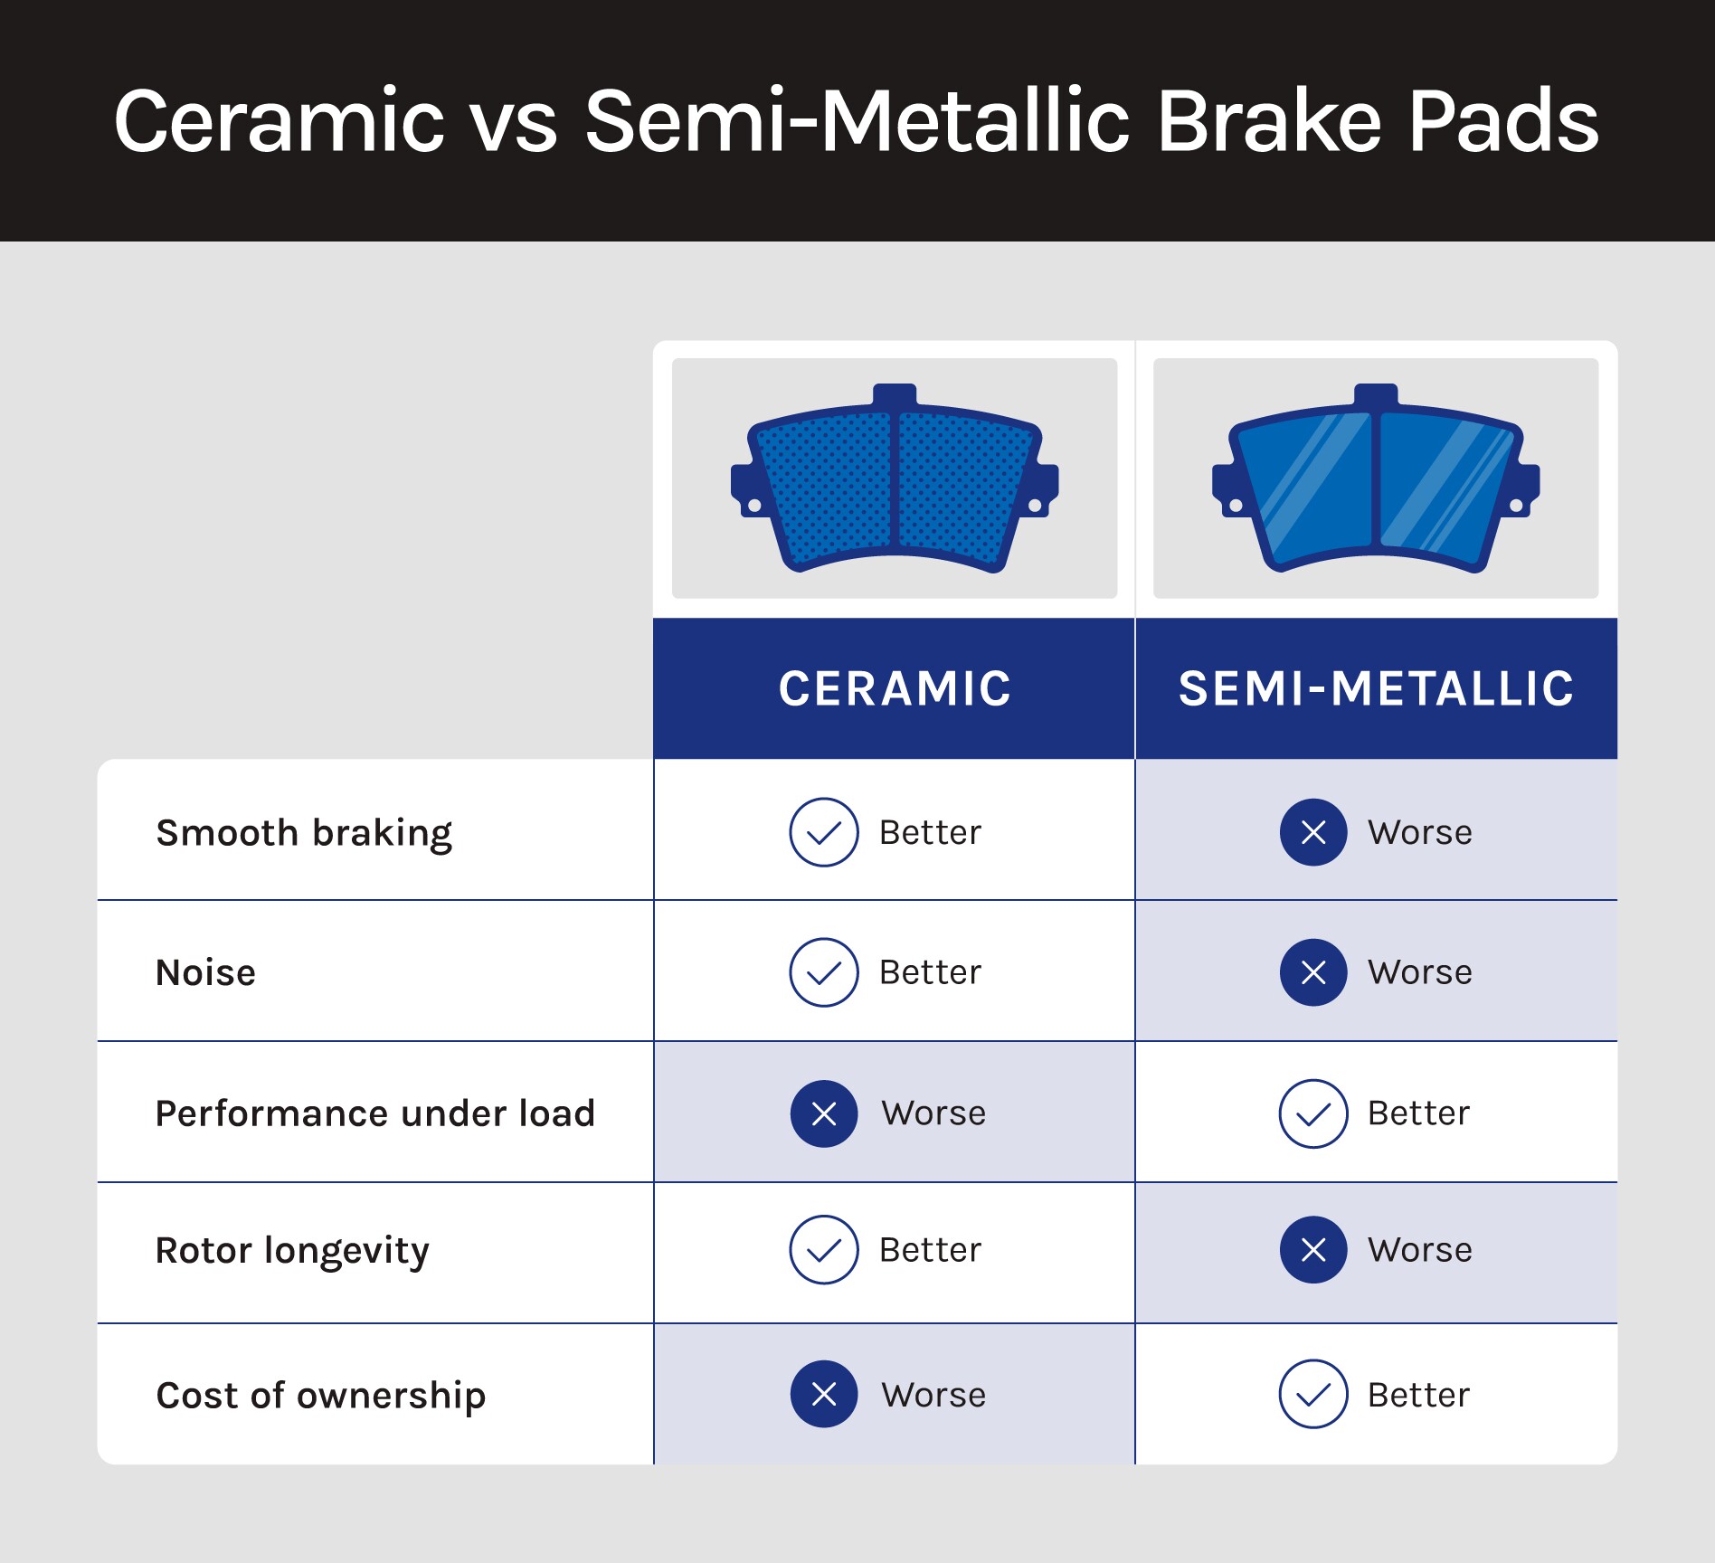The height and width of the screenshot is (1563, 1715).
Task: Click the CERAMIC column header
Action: pos(895,688)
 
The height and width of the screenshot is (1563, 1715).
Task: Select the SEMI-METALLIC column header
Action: pos(1376,688)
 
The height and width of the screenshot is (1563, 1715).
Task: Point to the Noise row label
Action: pos(206,972)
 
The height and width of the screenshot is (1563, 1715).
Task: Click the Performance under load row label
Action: pos(375,1113)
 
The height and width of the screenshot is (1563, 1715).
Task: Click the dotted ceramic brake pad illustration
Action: pos(895,478)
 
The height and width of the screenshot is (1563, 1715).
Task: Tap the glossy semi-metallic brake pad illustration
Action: pos(1376,478)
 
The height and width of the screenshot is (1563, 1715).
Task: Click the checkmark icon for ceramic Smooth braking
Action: pos(824,832)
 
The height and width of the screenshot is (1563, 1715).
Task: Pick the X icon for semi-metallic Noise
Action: pos(1313,972)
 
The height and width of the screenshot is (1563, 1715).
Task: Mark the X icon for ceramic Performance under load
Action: pos(824,1113)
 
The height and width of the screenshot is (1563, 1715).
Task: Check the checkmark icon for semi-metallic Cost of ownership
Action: pos(1313,1394)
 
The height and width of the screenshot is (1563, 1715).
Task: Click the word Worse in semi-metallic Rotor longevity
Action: pos(1420,1250)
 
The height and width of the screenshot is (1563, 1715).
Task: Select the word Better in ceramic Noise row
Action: pos(930,972)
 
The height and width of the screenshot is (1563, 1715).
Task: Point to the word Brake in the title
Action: pos(1269,120)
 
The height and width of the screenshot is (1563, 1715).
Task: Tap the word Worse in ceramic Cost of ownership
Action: pos(934,1395)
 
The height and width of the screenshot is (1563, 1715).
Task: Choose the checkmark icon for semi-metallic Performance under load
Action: pos(1313,1113)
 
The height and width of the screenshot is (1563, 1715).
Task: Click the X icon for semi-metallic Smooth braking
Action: pos(1313,832)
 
